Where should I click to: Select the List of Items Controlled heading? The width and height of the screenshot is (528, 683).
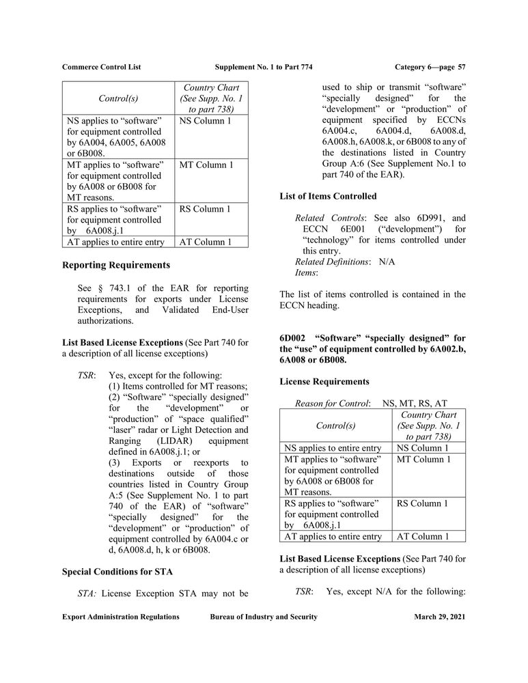click(328, 196)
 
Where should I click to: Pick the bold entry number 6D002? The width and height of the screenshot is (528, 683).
click(294, 337)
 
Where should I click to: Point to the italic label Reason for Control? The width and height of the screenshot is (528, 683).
click(332, 404)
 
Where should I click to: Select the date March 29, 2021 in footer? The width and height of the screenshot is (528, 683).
click(439, 617)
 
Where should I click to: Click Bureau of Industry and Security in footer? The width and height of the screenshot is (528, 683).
click(264, 617)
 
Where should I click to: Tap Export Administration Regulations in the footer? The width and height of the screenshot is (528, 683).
click(121, 617)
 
